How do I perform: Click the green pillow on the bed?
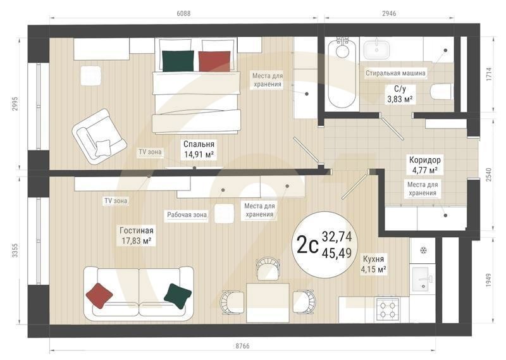[178, 61]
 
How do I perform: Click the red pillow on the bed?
[214, 61]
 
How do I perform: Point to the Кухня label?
[374, 259]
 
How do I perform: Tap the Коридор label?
[424, 160]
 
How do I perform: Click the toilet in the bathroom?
[441, 92]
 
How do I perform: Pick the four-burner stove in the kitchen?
[386, 309]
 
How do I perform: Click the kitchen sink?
[422, 276]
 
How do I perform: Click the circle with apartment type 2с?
[325, 243]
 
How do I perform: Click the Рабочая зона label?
[187, 214]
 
